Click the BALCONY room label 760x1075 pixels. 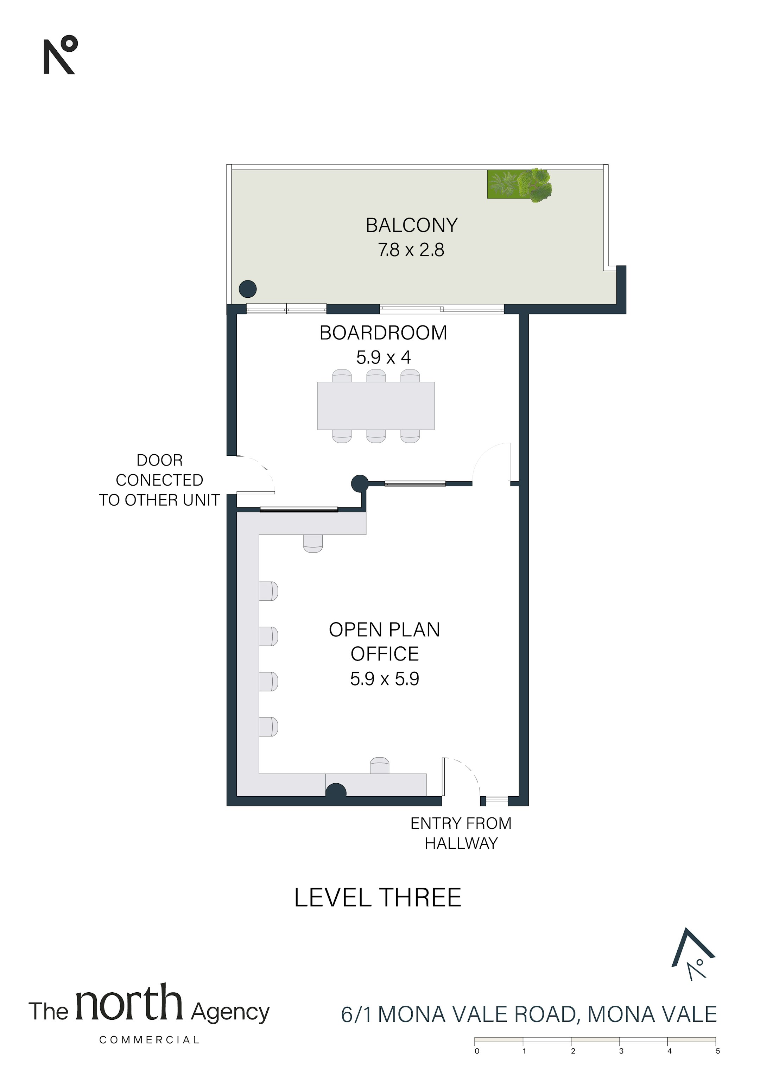click(x=412, y=225)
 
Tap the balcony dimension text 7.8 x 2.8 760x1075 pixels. click(x=411, y=250)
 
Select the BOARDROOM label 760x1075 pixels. click(x=384, y=333)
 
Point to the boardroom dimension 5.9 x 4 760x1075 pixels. click(x=384, y=358)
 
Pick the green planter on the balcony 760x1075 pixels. click(x=519, y=185)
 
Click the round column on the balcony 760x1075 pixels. click(x=248, y=289)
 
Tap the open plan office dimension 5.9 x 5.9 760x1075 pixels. click(x=385, y=678)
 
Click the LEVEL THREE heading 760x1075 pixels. click(x=378, y=898)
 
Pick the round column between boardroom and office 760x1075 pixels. click(x=360, y=483)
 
